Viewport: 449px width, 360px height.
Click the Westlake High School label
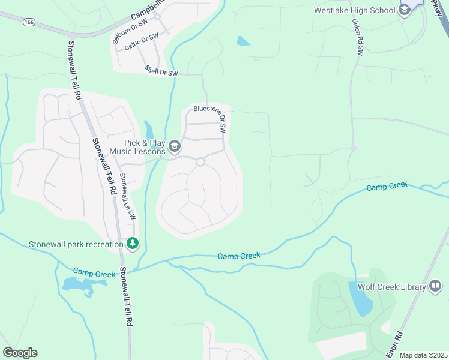click(355, 10)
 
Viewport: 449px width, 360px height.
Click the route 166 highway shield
click(29, 22)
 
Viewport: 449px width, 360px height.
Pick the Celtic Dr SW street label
click(141, 42)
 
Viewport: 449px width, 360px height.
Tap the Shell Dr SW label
click(161, 71)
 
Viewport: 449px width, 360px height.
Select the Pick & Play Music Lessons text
click(145, 147)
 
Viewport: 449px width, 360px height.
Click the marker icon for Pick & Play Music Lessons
click(175, 146)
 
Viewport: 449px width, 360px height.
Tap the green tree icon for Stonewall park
click(133, 244)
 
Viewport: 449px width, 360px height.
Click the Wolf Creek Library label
click(391, 287)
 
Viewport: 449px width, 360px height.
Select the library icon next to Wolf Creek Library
click(436, 287)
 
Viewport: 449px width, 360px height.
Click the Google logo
click(20, 353)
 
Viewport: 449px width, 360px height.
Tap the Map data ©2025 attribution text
click(423, 355)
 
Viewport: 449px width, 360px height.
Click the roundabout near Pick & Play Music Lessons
click(200, 161)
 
